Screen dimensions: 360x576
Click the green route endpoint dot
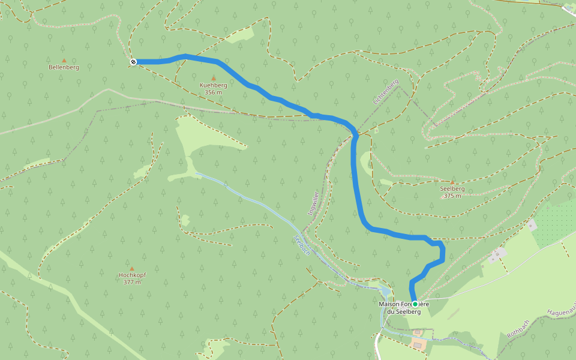415,304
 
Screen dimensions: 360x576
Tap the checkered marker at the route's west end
133,62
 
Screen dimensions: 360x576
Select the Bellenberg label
64,67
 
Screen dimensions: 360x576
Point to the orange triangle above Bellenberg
64,60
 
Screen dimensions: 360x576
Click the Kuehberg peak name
213,85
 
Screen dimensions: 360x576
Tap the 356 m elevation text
213,92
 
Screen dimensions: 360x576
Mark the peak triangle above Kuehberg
213,78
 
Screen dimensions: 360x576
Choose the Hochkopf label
131,275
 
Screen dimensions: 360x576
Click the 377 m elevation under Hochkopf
131,282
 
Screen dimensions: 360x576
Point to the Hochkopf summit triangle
131,268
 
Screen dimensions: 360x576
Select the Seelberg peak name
452,188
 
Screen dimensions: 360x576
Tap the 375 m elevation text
452,196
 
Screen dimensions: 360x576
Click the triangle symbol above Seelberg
452,182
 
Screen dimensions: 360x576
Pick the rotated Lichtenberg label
385,92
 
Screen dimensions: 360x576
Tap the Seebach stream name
301,245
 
